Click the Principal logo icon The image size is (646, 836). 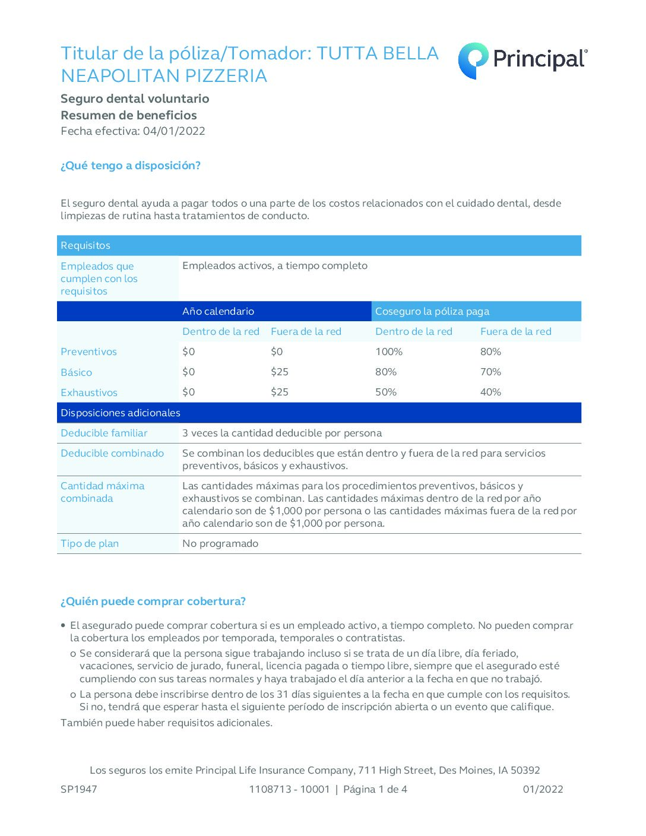pos(473,60)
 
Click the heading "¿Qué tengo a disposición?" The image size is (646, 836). pos(131,166)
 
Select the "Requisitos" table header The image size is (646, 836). pos(85,245)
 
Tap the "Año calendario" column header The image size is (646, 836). pos(218,311)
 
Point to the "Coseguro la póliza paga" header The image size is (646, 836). pos(432,311)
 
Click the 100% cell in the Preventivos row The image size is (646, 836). pos(389,351)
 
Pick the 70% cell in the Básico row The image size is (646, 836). pos(490,372)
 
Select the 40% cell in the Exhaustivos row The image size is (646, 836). pos(490,392)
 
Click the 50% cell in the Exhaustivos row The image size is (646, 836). pos(386,392)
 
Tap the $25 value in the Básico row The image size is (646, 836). pos(280,372)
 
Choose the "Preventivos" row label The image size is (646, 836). pos(88,351)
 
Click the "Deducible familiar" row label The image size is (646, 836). pos(104,433)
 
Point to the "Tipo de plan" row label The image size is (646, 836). pos(90,543)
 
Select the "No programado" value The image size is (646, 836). pos(220,543)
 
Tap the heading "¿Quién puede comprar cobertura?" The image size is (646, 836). pos(153,601)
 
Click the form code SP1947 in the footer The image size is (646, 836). pos(79,789)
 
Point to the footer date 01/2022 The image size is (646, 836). pos(543,789)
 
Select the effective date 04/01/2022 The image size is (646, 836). pos(174,131)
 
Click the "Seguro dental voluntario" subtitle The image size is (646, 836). pos(135,99)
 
